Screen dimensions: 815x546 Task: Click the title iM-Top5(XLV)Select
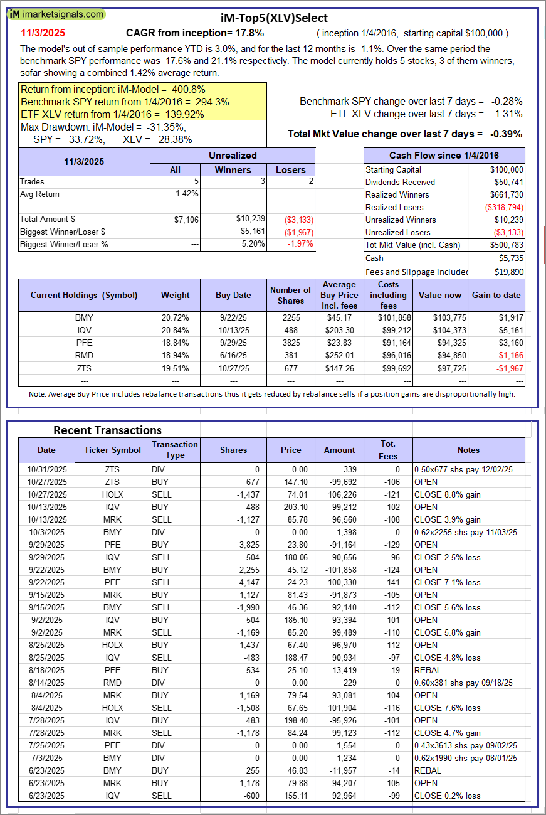[274, 18]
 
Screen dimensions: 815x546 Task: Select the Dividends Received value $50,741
[507, 182]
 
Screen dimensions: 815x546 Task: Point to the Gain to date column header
[496, 295]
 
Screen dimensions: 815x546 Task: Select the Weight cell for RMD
[175, 356]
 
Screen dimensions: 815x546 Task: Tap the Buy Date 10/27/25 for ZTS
[234, 368]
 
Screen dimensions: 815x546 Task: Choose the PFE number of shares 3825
[291, 343]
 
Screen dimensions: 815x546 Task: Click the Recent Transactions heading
[107, 430]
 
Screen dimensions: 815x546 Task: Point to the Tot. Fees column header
[387, 450]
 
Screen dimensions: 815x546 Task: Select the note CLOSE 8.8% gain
[447, 494]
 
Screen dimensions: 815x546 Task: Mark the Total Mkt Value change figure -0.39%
[507, 134]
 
